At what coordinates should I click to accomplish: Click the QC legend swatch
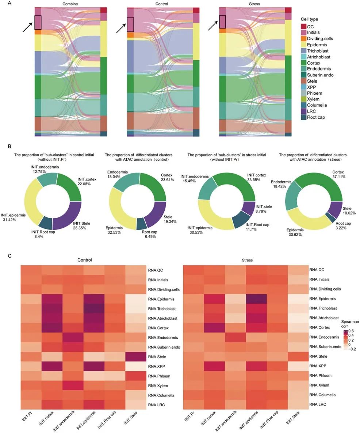303,26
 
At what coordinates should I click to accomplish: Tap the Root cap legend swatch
303,117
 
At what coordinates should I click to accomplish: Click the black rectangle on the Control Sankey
130,24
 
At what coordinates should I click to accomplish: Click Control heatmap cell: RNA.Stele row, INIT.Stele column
135,356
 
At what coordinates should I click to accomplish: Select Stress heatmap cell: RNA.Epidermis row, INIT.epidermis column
256,299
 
